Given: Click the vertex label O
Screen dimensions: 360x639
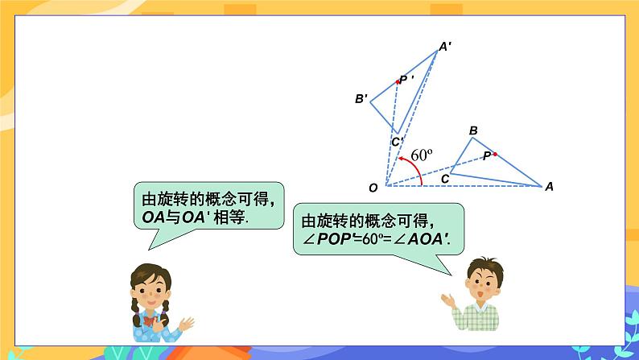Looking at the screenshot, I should click(x=373, y=188).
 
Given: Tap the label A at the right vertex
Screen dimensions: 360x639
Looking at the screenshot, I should click(x=549, y=187).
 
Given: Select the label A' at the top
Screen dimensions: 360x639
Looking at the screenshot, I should click(x=444, y=47).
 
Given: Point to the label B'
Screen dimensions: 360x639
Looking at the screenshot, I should click(x=361, y=99).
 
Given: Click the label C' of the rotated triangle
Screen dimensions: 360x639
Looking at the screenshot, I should click(x=397, y=143).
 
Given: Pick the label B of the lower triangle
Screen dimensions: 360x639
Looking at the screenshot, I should click(x=473, y=130).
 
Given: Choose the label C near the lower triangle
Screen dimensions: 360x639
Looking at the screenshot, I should click(x=445, y=179).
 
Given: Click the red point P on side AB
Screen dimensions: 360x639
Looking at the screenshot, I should click(x=495, y=154).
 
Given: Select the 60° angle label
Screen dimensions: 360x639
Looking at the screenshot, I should click(x=423, y=155).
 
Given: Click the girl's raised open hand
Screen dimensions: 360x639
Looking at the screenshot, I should click(x=187, y=323).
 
